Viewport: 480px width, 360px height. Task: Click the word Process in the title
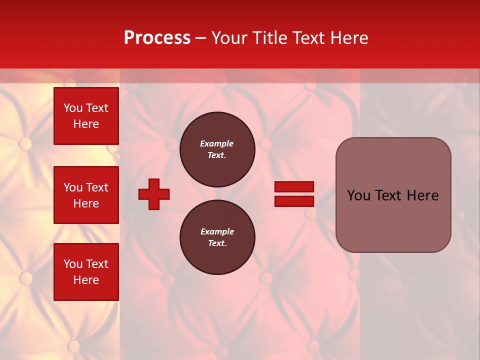tap(157, 38)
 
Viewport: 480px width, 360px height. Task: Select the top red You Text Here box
tap(86, 116)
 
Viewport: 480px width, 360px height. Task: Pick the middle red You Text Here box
tap(86, 195)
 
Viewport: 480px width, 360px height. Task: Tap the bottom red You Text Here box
tap(86, 272)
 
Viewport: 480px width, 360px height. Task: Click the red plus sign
tap(154, 194)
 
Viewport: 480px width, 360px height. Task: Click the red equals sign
tap(294, 194)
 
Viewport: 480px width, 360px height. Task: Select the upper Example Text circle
tap(217, 149)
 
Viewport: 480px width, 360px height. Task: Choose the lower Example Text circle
tap(217, 237)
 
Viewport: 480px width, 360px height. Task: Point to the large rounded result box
tap(393, 195)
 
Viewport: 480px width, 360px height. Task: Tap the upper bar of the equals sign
tap(294, 187)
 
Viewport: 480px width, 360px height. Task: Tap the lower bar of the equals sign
tap(294, 201)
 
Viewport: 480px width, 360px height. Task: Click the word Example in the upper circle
tap(217, 144)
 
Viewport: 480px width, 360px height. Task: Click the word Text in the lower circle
tap(217, 243)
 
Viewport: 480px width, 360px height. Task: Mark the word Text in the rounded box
tap(393, 195)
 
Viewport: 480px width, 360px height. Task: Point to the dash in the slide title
tap(200, 38)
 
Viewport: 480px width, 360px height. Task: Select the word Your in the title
tap(228, 38)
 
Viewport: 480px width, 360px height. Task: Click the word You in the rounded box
tap(358, 195)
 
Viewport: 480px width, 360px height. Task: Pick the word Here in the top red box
tap(86, 124)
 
